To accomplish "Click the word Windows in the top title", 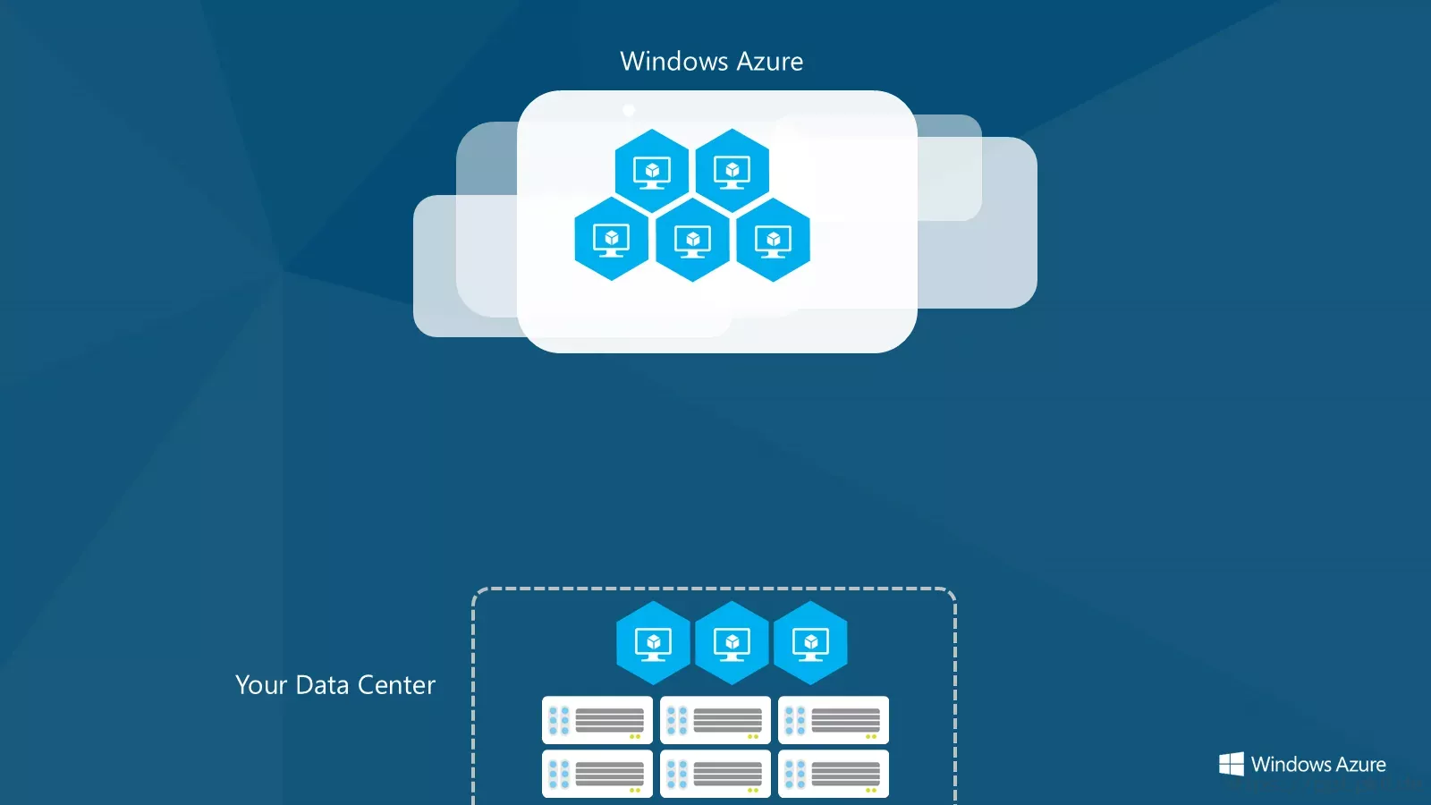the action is tap(674, 62).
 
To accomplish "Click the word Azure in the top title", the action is tap(770, 62).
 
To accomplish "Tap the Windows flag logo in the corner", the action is tap(1231, 764).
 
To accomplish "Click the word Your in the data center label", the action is tap(261, 685).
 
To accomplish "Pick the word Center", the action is tap(396, 685).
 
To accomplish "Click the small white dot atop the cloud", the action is tap(629, 111).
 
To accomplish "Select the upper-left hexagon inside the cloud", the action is tap(652, 171).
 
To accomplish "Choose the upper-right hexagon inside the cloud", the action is tap(732, 171).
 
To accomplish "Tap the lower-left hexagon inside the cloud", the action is tap(612, 239).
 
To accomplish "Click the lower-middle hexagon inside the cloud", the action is tap(692, 240).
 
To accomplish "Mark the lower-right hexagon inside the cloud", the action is tap(773, 240).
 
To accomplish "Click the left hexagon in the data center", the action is tap(653, 643).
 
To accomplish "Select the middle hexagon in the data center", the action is tap(732, 643).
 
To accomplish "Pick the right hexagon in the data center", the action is tap(810, 643).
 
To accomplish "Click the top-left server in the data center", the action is tap(597, 720).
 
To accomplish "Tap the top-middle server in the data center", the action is tap(715, 720).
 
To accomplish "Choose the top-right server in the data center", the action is tap(834, 720).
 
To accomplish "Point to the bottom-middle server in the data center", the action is tap(715, 774).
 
